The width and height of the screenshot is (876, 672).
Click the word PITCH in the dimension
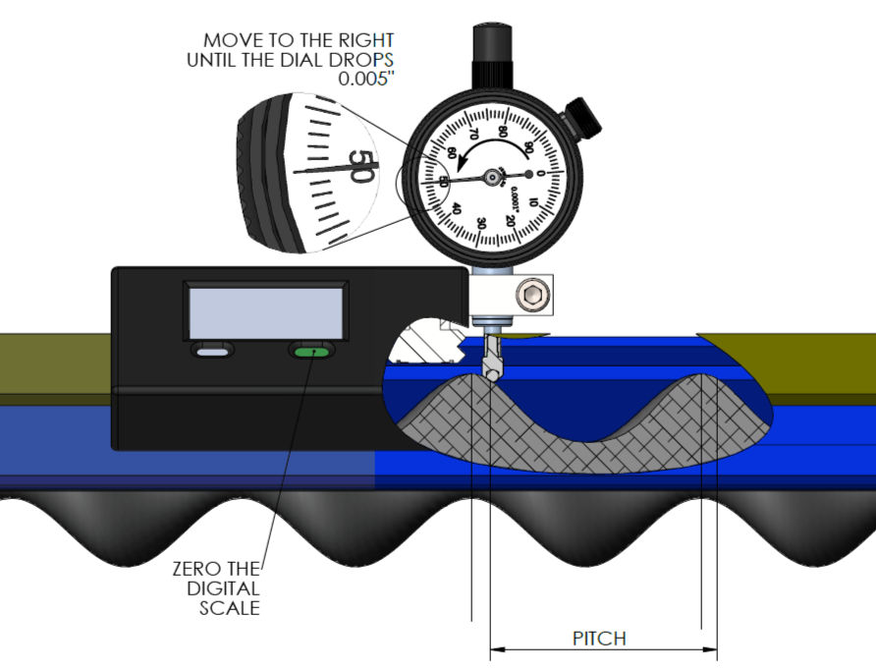click(x=599, y=639)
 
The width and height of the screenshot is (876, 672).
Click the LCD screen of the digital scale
click(x=266, y=310)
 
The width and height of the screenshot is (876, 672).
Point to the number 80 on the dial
click(x=503, y=129)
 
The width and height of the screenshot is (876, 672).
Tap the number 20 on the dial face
click(x=511, y=219)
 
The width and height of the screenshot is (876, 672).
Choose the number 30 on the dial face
click(x=480, y=223)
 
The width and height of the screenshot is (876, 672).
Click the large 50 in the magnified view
click(x=359, y=167)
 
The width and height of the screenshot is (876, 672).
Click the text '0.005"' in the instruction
click(x=365, y=79)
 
